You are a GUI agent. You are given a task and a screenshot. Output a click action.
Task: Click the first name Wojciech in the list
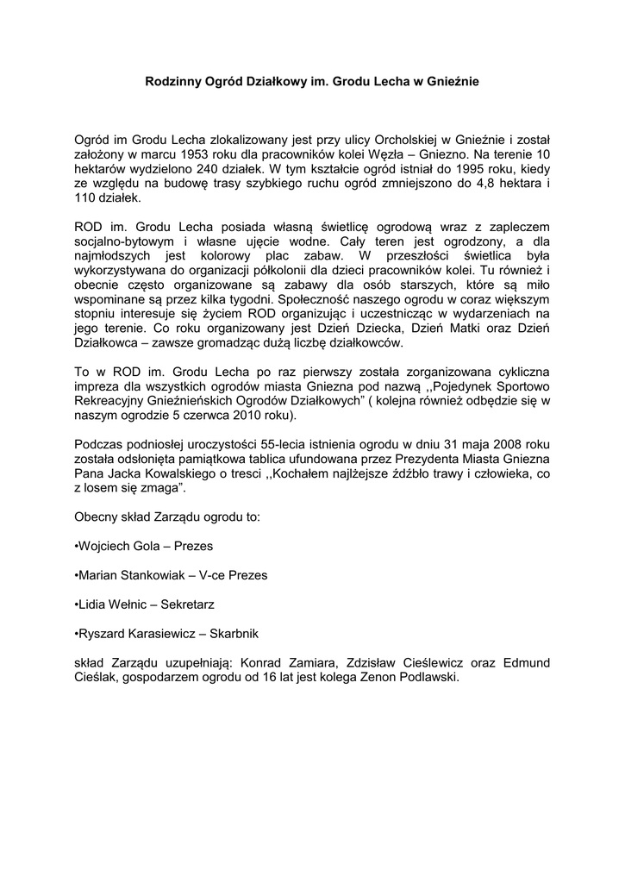coord(107,548)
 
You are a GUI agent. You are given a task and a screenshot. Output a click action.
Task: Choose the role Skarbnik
coord(228,634)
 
